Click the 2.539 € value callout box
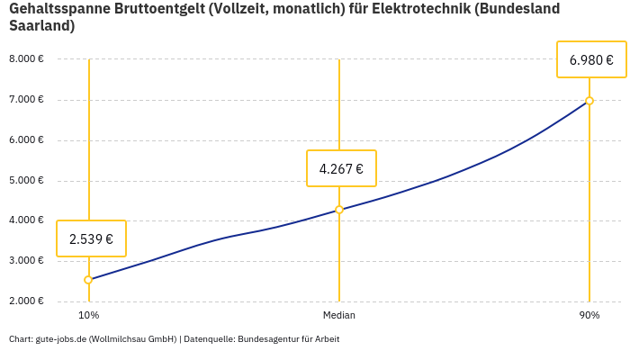coord(91,238)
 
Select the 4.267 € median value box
coord(341,168)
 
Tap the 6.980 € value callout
coord(591,60)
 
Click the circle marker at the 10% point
coord(88,280)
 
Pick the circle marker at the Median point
coord(339,210)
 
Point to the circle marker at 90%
coord(589,101)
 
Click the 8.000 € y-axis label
coord(26,59)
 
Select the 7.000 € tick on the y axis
coord(26,99)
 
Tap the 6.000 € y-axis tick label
coord(26,139)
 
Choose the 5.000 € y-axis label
coord(26,180)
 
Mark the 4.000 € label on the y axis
coord(26,220)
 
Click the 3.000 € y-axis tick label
coord(26,261)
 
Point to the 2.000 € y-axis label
coord(26,301)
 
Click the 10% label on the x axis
coord(88,316)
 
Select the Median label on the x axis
coord(339,316)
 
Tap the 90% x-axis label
coord(589,316)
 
